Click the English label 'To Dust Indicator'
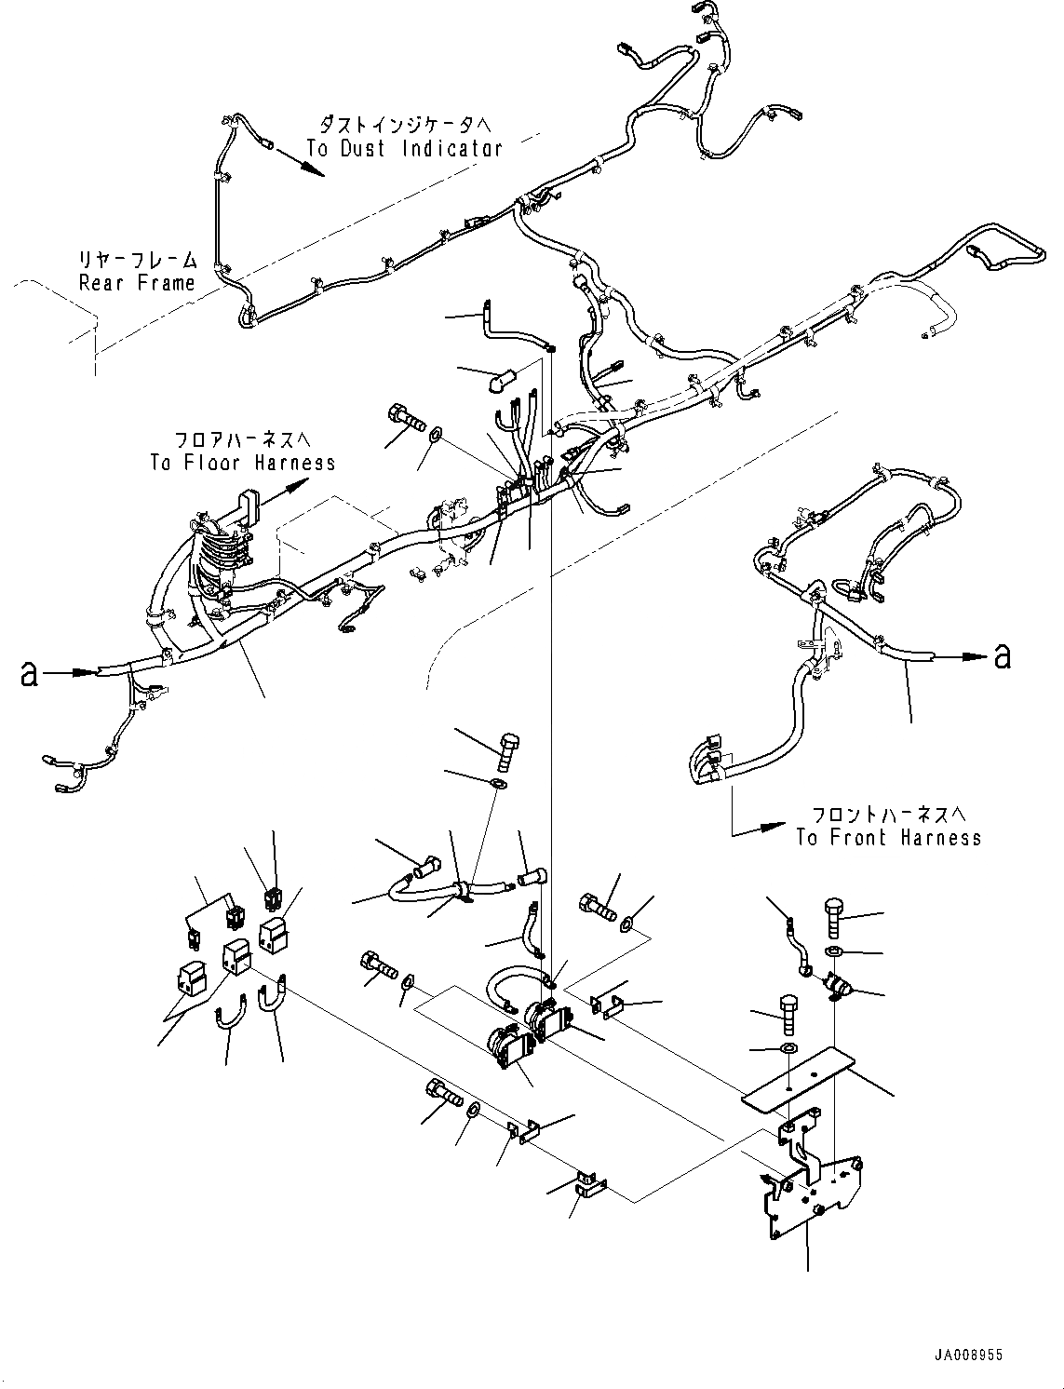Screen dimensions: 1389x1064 (x=404, y=148)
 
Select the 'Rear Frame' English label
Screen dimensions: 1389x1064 (x=138, y=283)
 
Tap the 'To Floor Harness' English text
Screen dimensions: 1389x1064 (x=242, y=463)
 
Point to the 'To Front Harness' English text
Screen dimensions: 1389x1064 (x=888, y=838)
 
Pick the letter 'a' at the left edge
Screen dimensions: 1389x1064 (x=30, y=673)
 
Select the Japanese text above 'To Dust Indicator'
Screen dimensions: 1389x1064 (x=405, y=124)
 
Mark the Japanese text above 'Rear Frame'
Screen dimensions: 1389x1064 (x=138, y=260)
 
